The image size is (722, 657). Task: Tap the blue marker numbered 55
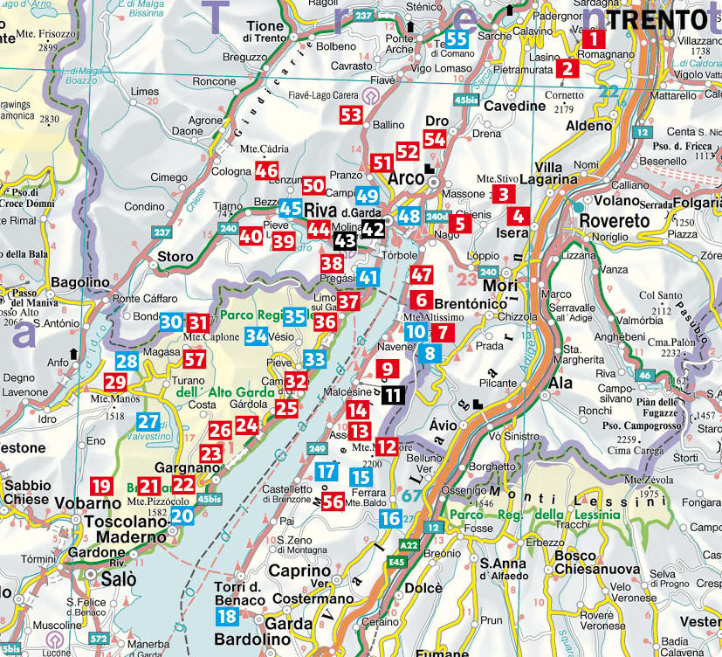(x=457, y=39)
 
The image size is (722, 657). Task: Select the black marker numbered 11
(x=393, y=395)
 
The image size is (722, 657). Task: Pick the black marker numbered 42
(x=373, y=229)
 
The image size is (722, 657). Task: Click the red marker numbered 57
(x=195, y=359)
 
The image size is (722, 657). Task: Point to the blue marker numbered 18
(x=226, y=616)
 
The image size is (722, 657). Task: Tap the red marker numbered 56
(x=332, y=501)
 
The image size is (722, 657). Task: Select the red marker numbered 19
(x=102, y=487)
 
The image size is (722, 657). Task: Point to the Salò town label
(x=112, y=579)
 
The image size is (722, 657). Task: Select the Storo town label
(x=175, y=257)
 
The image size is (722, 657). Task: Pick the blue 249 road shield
(x=318, y=448)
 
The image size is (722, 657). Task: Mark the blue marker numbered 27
(x=148, y=421)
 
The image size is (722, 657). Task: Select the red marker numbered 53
(x=351, y=114)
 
